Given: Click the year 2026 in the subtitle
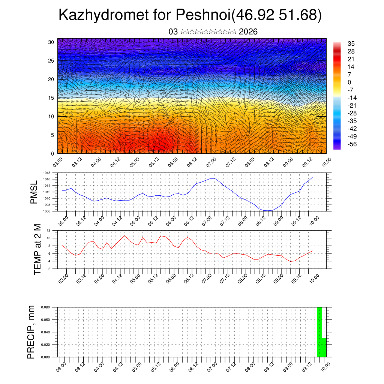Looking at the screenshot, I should (248, 32).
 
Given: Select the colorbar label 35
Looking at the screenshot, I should (351, 43).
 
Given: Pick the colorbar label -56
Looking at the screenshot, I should (352, 144).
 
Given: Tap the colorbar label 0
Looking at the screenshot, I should (349, 82).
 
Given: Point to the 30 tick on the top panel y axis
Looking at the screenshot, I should (51, 42).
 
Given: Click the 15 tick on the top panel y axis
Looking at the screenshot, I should (51, 98).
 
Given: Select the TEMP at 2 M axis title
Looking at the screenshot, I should (37, 249).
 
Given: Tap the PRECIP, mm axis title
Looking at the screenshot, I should (31, 332).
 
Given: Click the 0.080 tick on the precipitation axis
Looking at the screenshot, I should (45, 307).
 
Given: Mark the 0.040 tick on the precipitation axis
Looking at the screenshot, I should (45, 332).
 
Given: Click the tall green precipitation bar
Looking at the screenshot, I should (319, 332).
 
